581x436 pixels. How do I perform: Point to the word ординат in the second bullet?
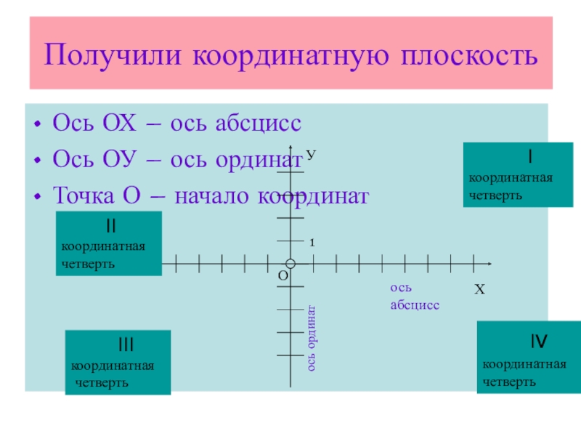coord(257,158)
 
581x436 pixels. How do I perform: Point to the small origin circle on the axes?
coord(290,263)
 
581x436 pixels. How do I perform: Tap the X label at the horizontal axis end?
coord(479,290)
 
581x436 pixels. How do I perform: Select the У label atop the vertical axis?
coord(310,156)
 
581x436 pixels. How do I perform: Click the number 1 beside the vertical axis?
coord(312,243)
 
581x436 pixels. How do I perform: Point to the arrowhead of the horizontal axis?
coord(489,263)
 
